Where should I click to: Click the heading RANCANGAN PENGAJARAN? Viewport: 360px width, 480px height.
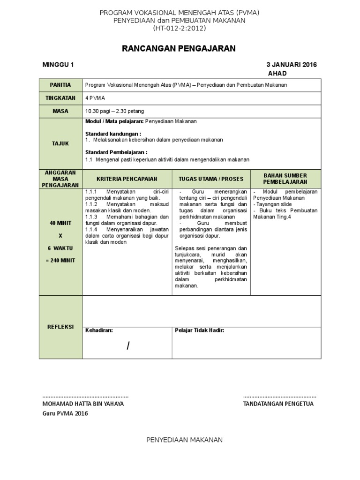pyautogui.click(x=179, y=48)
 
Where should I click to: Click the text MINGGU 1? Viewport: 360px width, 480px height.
pyautogui.click(x=58, y=65)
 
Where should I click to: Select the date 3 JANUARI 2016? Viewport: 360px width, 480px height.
pyautogui.click(x=292, y=65)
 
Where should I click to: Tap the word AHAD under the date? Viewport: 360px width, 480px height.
pyautogui.click(x=277, y=74)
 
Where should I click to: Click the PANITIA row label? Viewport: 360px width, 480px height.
pyautogui.click(x=61, y=85)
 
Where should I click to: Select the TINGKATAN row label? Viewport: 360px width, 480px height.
pyautogui.click(x=61, y=98)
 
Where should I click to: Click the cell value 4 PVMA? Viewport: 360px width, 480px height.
pyautogui.click(x=95, y=98)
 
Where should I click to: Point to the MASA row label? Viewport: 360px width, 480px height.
pyautogui.click(x=61, y=111)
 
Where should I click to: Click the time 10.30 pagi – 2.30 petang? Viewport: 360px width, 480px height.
pyautogui.click(x=114, y=111)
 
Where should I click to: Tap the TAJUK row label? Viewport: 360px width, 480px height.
pyautogui.click(x=61, y=143)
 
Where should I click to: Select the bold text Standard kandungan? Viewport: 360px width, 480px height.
pyautogui.click(x=113, y=134)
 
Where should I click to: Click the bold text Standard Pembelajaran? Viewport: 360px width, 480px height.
pyautogui.click(x=116, y=152)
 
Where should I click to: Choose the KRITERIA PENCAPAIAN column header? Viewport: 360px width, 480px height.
pyautogui.click(x=127, y=179)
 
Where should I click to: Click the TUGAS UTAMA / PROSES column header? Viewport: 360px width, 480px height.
pyautogui.click(x=211, y=179)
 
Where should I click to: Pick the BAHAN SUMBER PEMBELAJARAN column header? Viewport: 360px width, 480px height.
pyautogui.click(x=285, y=178)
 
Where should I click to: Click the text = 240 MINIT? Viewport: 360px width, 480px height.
pyautogui.click(x=60, y=260)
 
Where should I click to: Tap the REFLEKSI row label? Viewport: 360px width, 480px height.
pyautogui.click(x=61, y=327)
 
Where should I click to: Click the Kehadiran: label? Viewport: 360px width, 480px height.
pyautogui.click(x=99, y=330)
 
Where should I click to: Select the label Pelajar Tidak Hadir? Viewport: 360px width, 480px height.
pyautogui.click(x=199, y=330)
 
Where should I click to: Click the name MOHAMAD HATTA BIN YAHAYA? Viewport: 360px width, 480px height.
pyautogui.click(x=83, y=404)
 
